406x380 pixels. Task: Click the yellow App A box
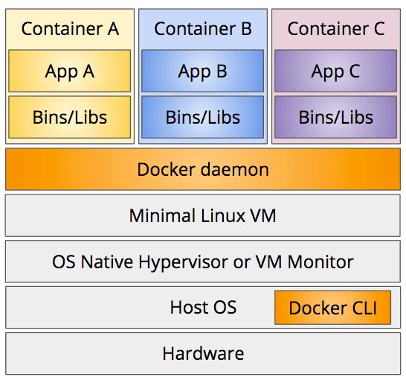(70, 71)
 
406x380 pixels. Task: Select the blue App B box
(202, 71)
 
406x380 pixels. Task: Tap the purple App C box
(335, 71)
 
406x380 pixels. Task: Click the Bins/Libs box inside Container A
(70, 117)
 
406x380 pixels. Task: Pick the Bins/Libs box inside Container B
(202, 117)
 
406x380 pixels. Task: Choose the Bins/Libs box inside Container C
(335, 117)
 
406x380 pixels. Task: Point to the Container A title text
(70, 29)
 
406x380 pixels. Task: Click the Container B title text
(202, 29)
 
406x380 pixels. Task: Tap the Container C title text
(335, 29)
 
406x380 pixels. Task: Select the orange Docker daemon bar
(202, 169)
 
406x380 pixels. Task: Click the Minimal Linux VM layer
(202, 215)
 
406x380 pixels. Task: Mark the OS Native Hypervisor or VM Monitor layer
(202, 262)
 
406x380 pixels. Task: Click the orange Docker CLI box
(332, 308)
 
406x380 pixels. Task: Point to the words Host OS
(203, 307)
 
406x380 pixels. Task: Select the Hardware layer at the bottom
(202, 353)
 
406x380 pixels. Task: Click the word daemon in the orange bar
(234, 169)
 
